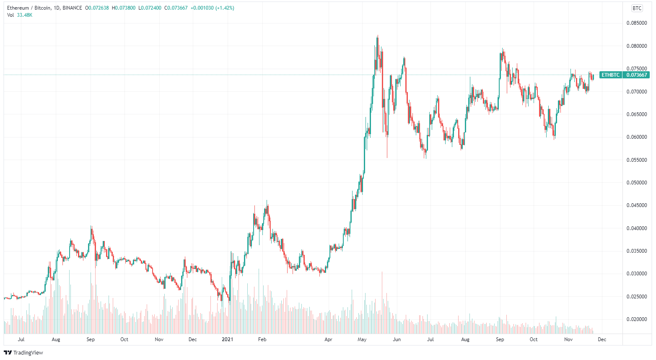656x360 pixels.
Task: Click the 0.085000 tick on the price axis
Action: click(x=637, y=23)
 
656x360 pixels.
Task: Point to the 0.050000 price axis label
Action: click(x=637, y=183)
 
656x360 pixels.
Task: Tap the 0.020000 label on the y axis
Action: click(x=637, y=319)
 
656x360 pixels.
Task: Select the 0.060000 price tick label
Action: click(x=637, y=137)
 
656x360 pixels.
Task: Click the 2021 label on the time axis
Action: click(x=227, y=339)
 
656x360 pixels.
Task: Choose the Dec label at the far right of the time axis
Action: click(x=602, y=339)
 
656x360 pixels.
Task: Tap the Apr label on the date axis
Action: click(x=328, y=339)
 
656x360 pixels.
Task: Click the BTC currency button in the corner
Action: click(x=637, y=8)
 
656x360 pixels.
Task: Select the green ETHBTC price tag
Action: click(x=610, y=75)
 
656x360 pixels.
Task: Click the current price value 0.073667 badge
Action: click(x=637, y=75)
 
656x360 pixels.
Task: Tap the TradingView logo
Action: click(x=23, y=352)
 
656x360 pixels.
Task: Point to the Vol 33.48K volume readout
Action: click(x=20, y=15)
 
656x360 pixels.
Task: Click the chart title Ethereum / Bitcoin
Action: click(x=29, y=8)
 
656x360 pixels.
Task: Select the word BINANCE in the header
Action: click(x=72, y=8)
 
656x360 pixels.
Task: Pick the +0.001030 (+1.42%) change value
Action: click(x=212, y=8)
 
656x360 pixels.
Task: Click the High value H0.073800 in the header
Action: click(x=124, y=8)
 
